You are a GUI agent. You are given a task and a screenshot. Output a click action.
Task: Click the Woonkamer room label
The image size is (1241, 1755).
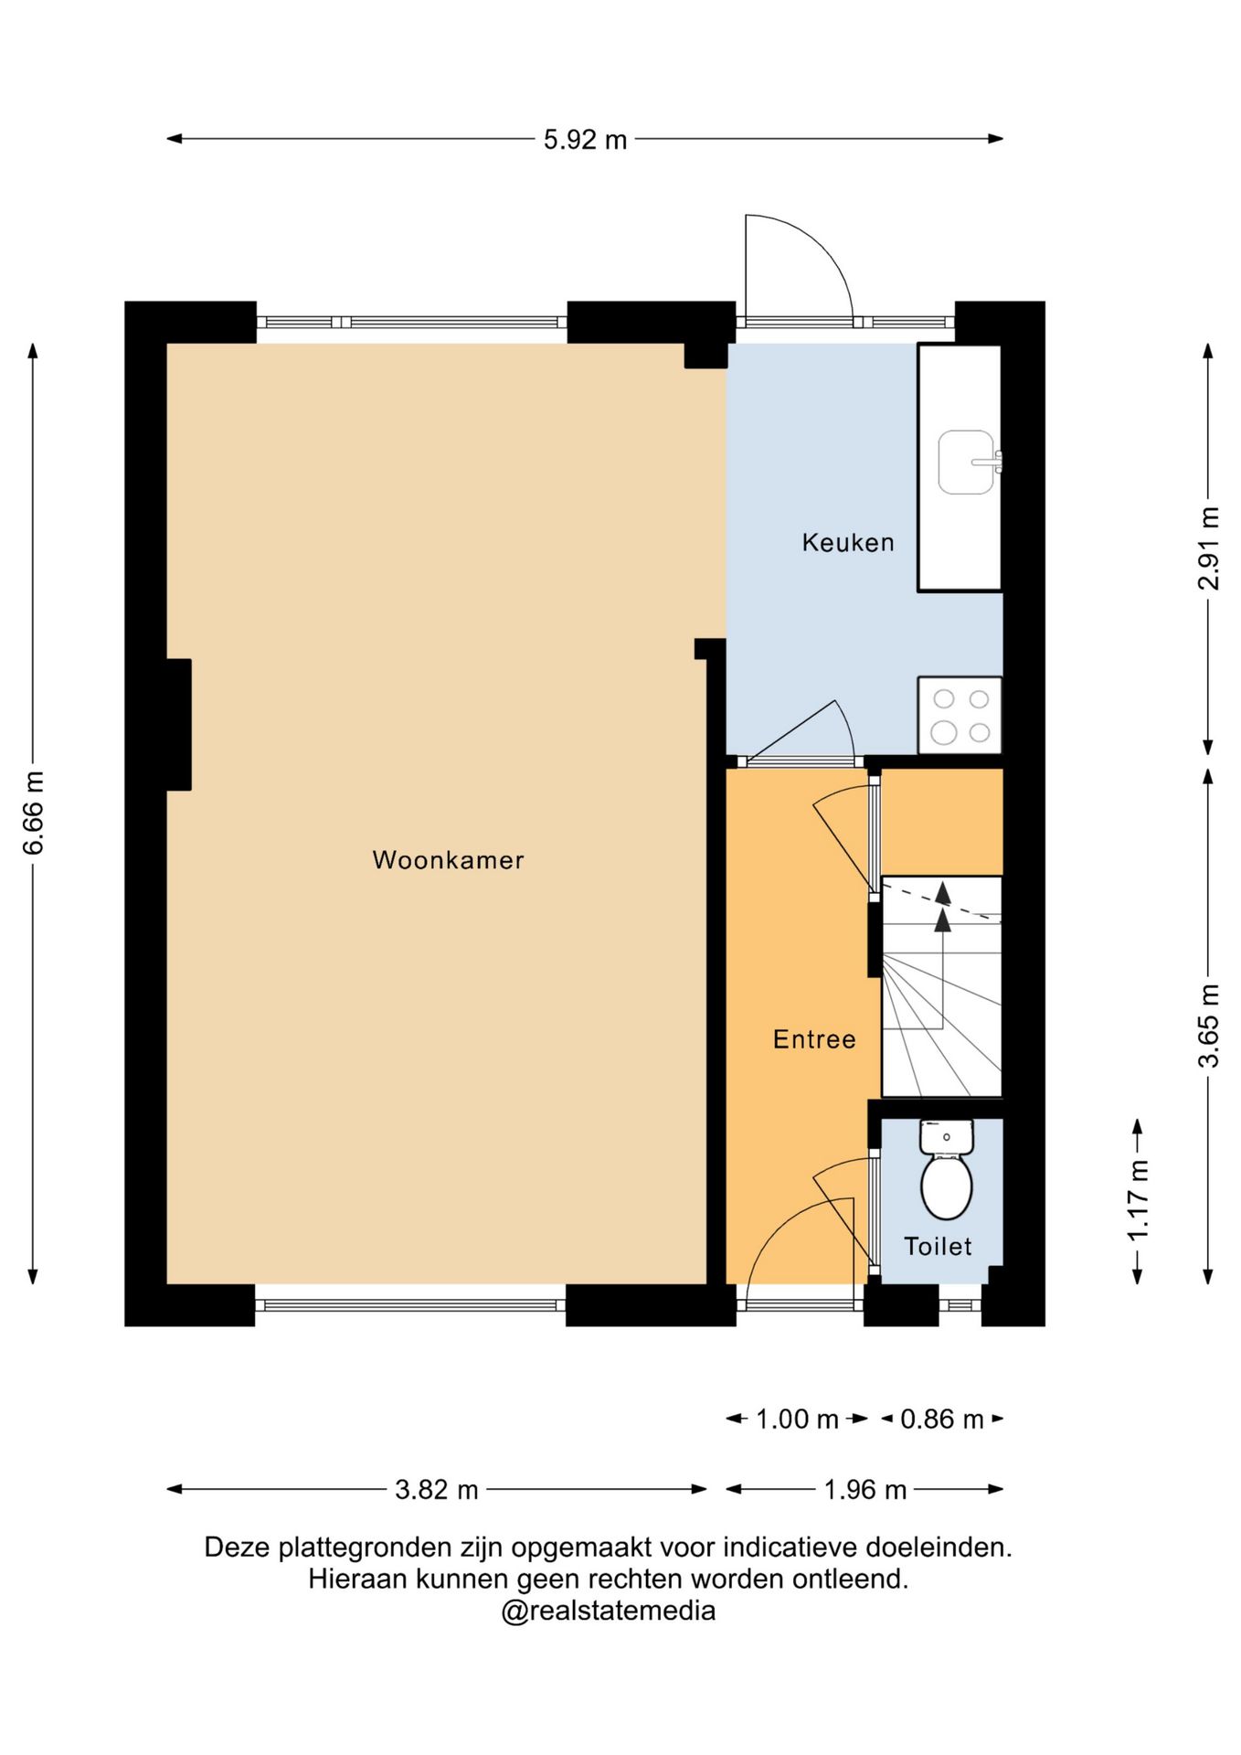pos(448,860)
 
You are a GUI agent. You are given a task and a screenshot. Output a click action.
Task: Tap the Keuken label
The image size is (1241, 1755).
pos(848,543)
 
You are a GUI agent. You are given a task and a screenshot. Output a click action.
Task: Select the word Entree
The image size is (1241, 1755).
pos(814,1039)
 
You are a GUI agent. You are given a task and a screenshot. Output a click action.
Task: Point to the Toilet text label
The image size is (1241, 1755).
pos(938,1246)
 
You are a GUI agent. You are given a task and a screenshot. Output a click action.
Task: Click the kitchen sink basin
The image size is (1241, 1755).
pos(966,463)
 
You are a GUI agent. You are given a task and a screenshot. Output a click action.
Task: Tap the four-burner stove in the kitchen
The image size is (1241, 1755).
pos(960,715)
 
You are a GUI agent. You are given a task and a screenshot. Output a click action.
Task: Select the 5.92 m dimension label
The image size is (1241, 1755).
pos(585,140)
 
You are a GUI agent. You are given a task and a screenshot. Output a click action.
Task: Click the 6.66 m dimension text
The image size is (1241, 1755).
pos(34,814)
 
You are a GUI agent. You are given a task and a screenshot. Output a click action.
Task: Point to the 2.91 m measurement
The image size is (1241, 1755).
pos(1208,548)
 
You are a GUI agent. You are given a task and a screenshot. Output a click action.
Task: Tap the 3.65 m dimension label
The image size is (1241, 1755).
pos(1208,1026)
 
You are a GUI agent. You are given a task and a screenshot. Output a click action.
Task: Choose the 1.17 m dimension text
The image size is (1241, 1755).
pos(1137,1201)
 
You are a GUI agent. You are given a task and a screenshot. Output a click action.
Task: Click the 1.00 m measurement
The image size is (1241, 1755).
pos(797,1420)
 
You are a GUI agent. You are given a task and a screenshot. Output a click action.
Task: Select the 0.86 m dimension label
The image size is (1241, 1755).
pos(941,1420)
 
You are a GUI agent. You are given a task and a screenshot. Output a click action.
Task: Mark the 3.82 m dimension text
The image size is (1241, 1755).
pos(436,1490)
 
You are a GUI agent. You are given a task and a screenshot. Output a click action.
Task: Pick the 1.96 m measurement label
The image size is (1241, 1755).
pos(864,1490)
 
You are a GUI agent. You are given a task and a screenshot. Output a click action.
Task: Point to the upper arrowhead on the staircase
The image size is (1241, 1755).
pos(942,892)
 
